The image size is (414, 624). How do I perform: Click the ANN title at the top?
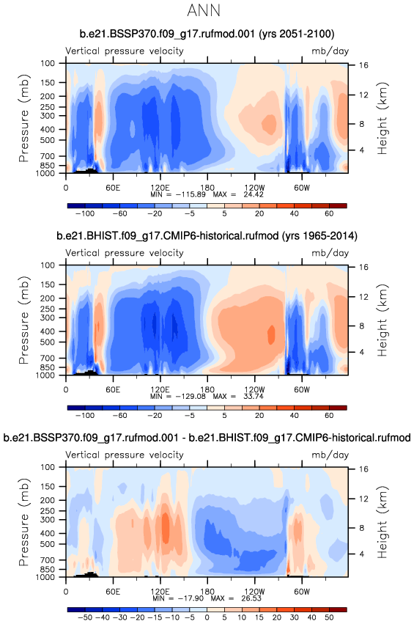click(204, 10)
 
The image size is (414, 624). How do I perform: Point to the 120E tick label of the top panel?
click(160, 188)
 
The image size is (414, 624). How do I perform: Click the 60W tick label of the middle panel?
click(301, 389)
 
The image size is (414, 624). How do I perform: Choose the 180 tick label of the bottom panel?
click(207, 591)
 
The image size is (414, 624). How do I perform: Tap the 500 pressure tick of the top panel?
click(48, 140)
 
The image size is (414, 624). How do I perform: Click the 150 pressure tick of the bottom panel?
click(48, 486)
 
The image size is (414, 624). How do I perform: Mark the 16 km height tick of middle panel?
click(364, 267)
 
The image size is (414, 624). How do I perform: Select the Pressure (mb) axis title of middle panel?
click(24, 320)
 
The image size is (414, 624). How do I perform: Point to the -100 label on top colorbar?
click(85, 213)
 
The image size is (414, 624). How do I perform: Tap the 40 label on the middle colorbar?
click(295, 416)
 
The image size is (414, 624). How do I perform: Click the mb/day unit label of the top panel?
click(330, 51)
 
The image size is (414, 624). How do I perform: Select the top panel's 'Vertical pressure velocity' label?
click(125, 51)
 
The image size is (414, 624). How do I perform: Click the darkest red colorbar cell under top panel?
click(338, 206)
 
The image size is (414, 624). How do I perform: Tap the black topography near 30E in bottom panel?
click(86, 574)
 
